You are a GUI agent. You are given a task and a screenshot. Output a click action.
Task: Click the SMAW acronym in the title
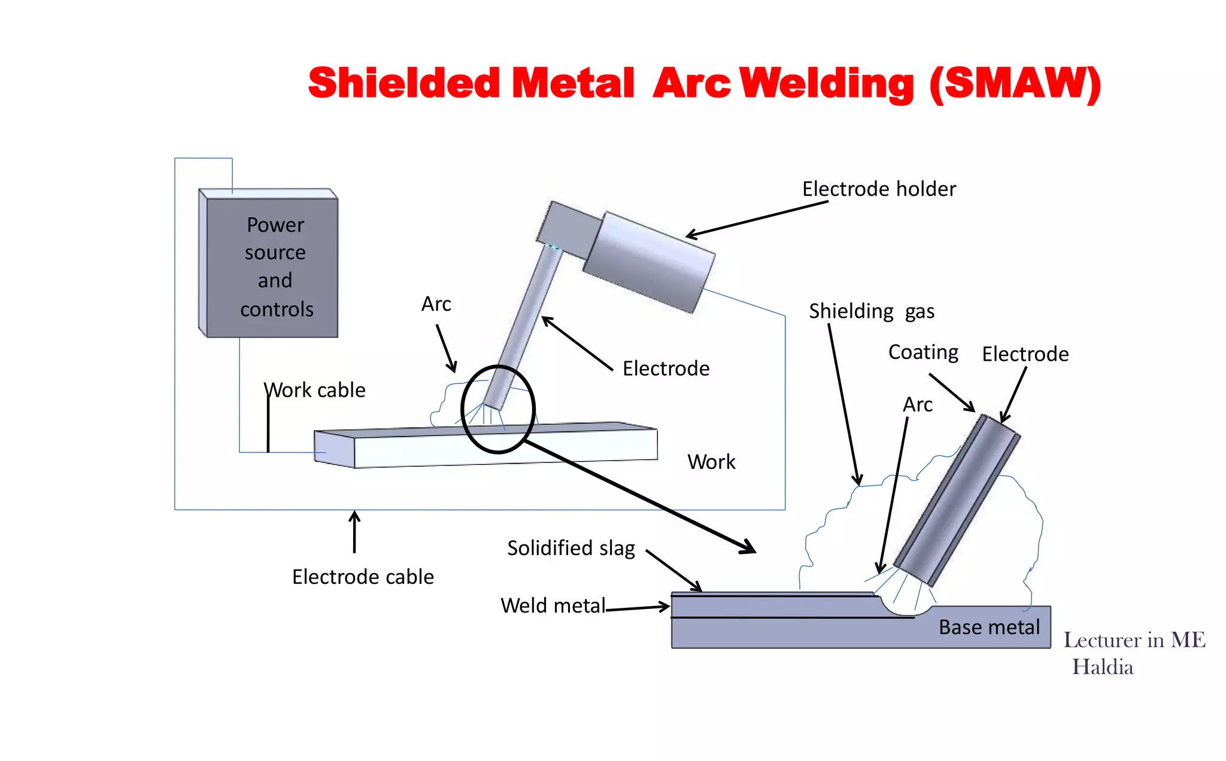coord(1015,84)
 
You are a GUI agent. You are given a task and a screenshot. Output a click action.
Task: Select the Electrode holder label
coord(879,189)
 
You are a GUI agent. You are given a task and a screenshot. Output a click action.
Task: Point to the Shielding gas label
coord(871,312)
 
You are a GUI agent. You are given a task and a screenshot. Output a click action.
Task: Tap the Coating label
coord(923,352)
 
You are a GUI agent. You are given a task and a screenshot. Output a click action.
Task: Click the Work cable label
coord(315,390)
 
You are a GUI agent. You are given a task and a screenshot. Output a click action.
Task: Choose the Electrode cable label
coord(363,577)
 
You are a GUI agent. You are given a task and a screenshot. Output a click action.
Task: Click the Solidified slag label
coord(570,548)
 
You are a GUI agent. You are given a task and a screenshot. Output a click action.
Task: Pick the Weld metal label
coord(553,605)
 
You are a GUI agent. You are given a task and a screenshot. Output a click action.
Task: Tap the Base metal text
coord(989,627)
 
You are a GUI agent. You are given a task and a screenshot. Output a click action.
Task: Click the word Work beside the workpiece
coord(711,462)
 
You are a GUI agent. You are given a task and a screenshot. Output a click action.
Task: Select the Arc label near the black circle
coord(436,304)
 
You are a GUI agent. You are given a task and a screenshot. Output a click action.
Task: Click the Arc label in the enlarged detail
coord(918,405)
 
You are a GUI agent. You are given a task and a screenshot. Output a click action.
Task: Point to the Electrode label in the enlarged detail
coord(1025,354)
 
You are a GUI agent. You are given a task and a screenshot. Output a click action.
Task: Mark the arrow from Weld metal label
coord(638,608)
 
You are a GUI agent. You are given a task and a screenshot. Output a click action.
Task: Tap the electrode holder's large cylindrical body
coord(650,262)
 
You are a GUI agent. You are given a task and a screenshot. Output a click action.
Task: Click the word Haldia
coord(1102,667)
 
